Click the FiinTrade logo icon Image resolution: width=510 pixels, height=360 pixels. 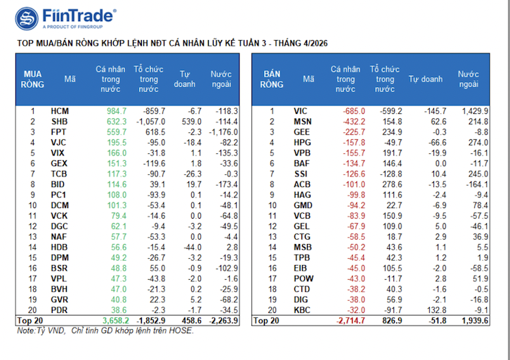tap(27, 19)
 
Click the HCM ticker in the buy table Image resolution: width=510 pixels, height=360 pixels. tap(60, 111)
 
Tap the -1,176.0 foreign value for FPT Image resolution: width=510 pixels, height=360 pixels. tap(224, 131)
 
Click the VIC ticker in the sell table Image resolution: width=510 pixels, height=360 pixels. tap(301, 111)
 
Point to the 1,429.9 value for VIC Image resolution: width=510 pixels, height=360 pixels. tap(475, 111)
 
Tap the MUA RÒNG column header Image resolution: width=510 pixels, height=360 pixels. tap(32, 79)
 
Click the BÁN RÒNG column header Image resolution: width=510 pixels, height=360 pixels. tap(272, 79)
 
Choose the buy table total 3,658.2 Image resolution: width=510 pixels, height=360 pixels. tap(112, 321)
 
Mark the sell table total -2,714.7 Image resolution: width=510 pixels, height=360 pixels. tap(347, 321)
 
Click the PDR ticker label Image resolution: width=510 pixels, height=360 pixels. tap(60, 309)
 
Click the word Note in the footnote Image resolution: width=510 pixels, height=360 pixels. tap(26, 330)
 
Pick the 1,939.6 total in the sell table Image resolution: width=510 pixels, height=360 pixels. tap(475, 321)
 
